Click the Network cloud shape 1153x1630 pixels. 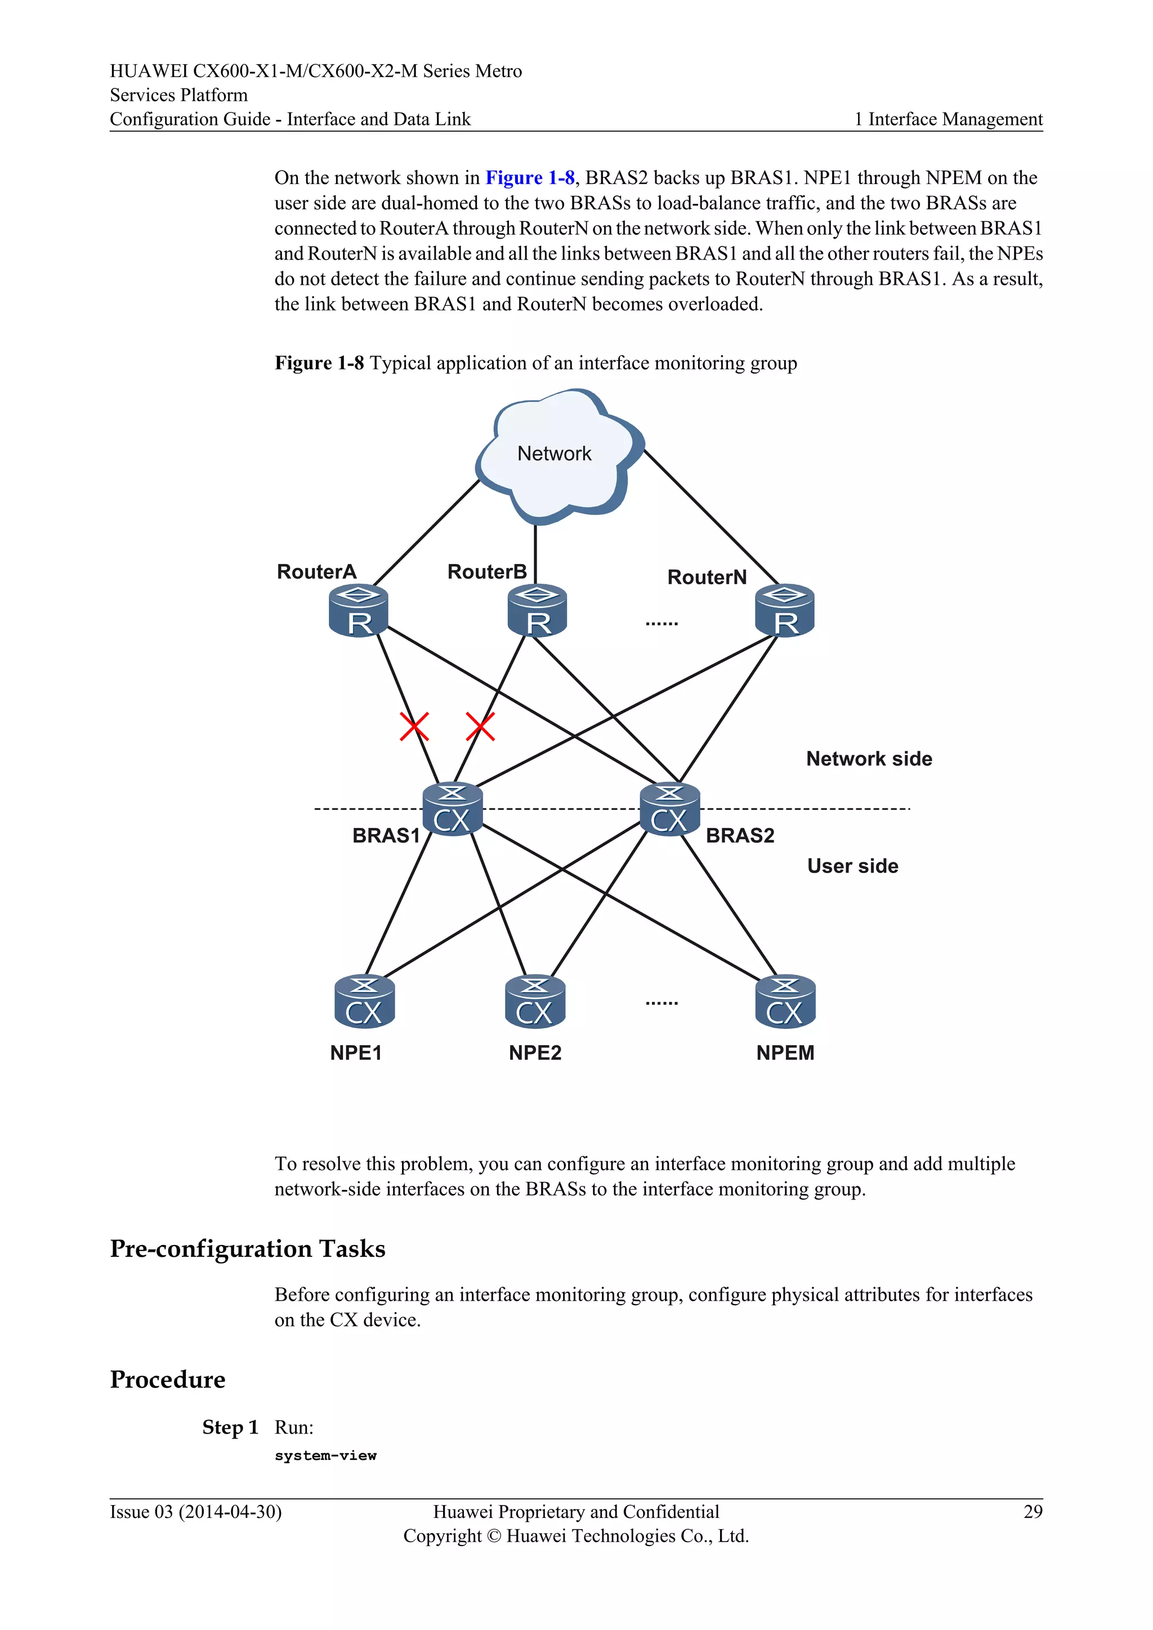point(557,454)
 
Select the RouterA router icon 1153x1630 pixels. point(359,611)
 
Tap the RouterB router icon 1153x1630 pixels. point(538,611)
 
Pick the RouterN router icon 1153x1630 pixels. point(784,611)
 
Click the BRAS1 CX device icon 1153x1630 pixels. point(452,810)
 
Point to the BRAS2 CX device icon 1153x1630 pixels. point(669,810)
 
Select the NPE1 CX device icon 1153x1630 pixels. point(364,1002)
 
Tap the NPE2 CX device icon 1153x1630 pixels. point(535,1002)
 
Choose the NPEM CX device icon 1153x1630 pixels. point(785,1002)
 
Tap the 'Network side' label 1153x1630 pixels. point(869,759)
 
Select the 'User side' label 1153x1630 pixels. point(853,866)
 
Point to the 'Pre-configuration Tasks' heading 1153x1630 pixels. point(247,1249)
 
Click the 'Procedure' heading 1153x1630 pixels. point(168,1380)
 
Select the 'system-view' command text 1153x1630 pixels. point(325,1456)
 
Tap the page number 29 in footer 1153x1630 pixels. point(1033,1512)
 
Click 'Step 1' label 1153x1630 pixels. point(230,1428)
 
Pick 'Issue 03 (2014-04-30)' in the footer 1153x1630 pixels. point(195,1512)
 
